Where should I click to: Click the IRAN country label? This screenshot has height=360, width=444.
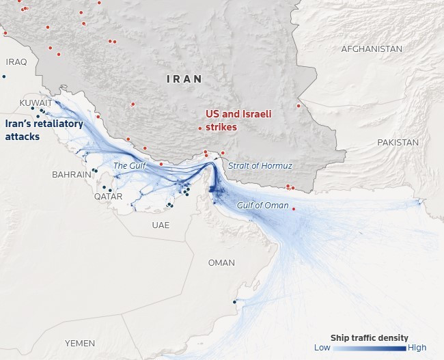(184, 79)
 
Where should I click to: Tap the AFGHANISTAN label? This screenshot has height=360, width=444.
(372, 49)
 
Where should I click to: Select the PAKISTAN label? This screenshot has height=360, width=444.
(397, 143)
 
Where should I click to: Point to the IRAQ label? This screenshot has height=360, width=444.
(16, 62)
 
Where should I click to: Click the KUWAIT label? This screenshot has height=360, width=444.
(36, 103)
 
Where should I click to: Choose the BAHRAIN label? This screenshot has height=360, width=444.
(72, 175)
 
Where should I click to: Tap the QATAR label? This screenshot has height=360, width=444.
(109, 197)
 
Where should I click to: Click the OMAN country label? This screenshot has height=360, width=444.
(221, 263)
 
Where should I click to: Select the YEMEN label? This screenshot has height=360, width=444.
(80, 343)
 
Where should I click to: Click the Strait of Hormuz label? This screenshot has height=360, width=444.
(260, 166)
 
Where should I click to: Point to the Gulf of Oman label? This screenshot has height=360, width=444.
(262, 206)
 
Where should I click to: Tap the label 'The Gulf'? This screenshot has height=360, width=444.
(130, 166)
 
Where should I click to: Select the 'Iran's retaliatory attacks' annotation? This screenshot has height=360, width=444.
(44, 130)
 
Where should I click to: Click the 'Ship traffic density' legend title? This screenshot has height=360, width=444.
(370, 337)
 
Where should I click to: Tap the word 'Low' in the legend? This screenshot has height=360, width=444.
(322, 348)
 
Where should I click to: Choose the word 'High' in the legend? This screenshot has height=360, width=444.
(417, 348)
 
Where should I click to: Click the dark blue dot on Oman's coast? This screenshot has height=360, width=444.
(234, 302)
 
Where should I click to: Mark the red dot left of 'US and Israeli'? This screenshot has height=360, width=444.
(199, 128)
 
